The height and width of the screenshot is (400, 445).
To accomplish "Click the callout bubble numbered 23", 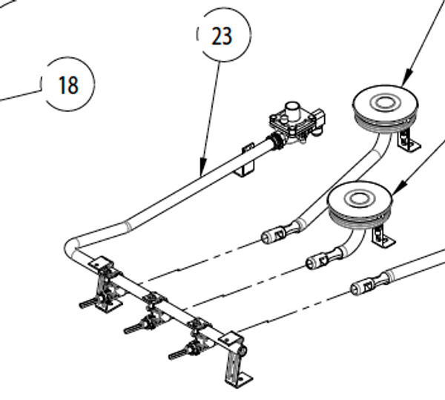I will [223, 36].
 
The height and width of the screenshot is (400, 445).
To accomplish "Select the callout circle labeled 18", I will [68, 85].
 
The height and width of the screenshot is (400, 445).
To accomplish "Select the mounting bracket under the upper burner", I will [408, 142].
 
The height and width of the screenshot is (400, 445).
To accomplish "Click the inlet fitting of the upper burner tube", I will [276, 236].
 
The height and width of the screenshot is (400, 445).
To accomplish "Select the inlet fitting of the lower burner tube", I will [318, 260].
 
